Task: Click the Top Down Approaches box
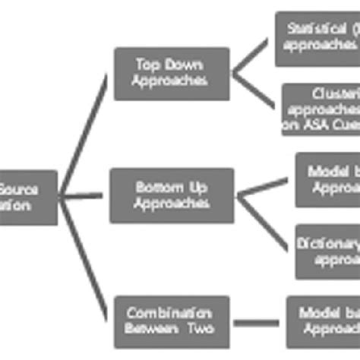[171, 74]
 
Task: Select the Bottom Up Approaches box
[171, 195]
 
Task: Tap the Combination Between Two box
[171, 321]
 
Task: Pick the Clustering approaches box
[321, 109]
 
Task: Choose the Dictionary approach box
[327, 251]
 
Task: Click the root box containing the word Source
[27, 197]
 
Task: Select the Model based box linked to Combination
[323, 321]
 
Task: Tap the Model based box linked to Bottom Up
[327, 180]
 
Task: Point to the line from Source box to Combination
[84, 258]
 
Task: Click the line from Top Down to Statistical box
[251, 58]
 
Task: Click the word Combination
[169, 313]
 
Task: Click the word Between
[151, 329]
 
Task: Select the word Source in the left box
[20, 190]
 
